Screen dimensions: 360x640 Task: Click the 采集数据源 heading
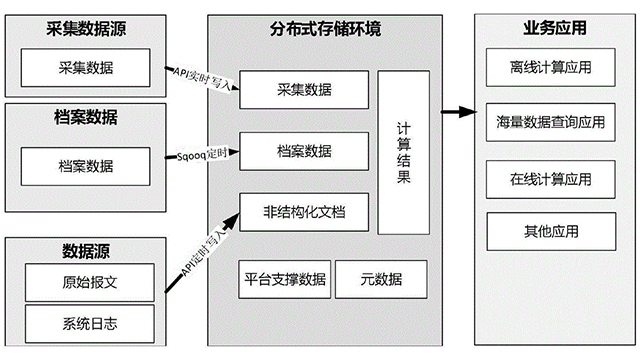[80, 29]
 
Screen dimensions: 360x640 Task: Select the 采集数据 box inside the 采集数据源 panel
[80, 69]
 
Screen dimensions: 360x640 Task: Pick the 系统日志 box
[89, 322]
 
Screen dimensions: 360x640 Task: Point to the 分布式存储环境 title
[325, 29]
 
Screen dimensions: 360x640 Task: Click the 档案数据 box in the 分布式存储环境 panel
[304, 151]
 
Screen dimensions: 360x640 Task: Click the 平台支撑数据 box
[284, 279]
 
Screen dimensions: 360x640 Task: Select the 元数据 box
[380, 279]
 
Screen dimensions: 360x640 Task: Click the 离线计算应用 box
[550, 69]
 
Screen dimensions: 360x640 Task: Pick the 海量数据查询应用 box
[550, 124]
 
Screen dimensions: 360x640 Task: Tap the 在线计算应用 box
[550, 179]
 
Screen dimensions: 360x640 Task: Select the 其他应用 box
[550, 233]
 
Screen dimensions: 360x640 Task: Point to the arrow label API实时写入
[201, 75]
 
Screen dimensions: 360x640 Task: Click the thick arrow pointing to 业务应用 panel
[456, 109]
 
